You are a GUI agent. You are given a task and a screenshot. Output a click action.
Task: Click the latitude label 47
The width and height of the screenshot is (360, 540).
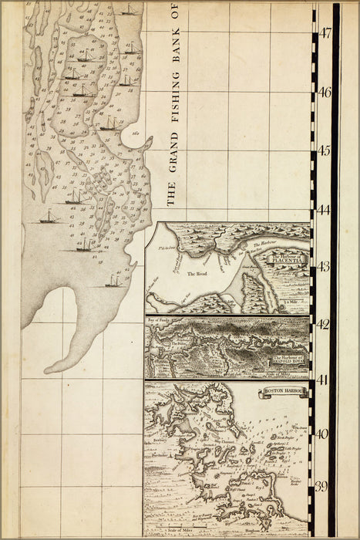click(325, 33)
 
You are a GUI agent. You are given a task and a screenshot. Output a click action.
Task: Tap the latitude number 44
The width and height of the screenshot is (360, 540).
click(325, 209)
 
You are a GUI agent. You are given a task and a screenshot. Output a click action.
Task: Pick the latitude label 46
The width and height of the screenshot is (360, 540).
click(325, 92)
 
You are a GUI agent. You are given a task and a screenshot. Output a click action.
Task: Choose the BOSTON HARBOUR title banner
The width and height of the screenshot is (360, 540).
click(284, 392)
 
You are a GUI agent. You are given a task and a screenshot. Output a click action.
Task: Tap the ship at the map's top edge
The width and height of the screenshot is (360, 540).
click(127, 10)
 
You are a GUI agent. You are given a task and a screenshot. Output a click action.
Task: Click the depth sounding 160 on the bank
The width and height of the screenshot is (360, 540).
click(135, 133)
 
